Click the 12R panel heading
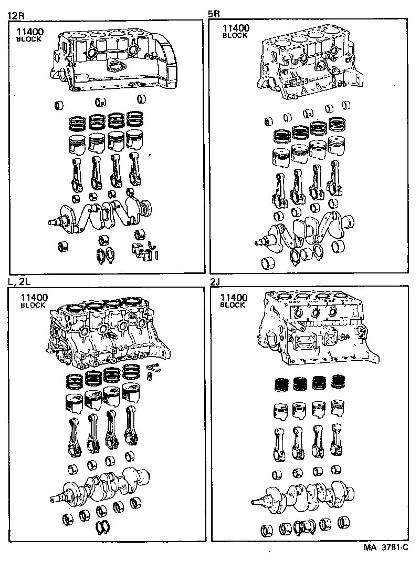15,15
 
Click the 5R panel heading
214,15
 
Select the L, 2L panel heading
19,282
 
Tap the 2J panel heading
215,282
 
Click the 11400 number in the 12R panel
29,32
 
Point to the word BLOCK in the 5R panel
234,36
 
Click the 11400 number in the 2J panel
234,298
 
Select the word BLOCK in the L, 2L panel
33,305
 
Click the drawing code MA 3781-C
386,547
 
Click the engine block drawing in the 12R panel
113,60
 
